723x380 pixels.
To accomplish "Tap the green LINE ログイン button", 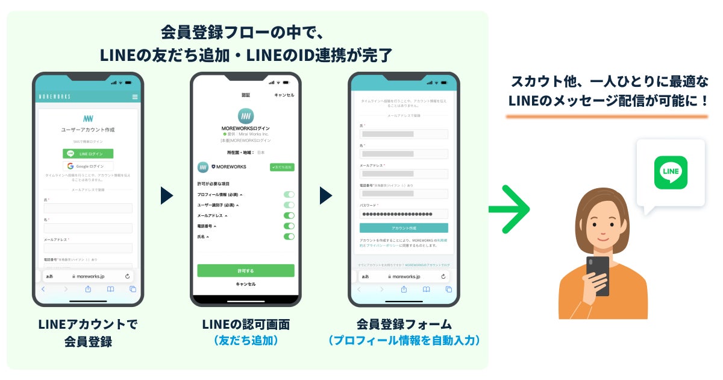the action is tap(88, 154).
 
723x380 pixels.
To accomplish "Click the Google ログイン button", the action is tap(88, 166).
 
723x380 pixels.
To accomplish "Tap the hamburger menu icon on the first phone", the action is tap(135, 97).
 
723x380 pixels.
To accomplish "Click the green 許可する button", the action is tap(246, 271).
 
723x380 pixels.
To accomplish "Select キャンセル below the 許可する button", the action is tap(246, 284).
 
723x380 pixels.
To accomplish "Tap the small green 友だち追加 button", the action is tap(282, 167).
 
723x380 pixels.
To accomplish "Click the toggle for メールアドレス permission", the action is tap(289, 215).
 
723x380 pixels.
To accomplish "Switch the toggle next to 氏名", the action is tap(289, 236).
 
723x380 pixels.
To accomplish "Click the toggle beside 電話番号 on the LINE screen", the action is tap(289, 226).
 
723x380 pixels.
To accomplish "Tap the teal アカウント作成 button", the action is tap(404, 228).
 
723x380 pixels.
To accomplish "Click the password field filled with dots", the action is tap(404, 214).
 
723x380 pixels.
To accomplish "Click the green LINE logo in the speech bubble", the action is tap(671, 172).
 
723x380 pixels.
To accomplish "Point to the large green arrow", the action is tap(509, 209).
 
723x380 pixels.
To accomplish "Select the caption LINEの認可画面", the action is tap(246, 325).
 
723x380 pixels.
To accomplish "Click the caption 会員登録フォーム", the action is tap(404, 325).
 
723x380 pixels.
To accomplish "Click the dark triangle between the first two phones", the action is tap(167, 195).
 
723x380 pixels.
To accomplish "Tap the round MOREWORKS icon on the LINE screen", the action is tap(245, 116).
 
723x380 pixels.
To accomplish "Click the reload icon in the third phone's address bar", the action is tap(443, 276).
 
